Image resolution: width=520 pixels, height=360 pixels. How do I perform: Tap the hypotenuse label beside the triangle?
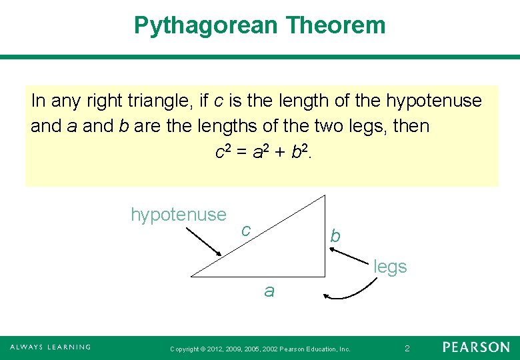coord(179,215)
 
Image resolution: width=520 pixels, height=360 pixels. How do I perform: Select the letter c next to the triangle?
coord(246,230)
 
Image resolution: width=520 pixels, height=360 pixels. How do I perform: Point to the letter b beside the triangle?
coord(335,237)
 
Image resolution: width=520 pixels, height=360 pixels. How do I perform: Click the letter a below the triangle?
coord(269,291)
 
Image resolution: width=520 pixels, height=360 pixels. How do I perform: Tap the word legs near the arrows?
coord(390,267)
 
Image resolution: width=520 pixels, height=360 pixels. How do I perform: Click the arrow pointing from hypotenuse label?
coord(203,241)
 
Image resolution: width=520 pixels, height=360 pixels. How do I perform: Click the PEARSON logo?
coord(476,347)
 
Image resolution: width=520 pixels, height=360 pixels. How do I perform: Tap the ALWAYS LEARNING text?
coord(50,347)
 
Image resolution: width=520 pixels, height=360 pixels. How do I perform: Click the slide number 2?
coord(407,349)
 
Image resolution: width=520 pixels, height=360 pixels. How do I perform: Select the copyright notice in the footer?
coord(260,349)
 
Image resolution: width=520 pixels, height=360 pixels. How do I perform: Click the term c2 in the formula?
coord(223,153)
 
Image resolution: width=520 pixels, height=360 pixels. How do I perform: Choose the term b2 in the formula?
coord(300,153)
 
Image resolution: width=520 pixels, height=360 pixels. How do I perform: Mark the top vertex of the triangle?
coord(325,195)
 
